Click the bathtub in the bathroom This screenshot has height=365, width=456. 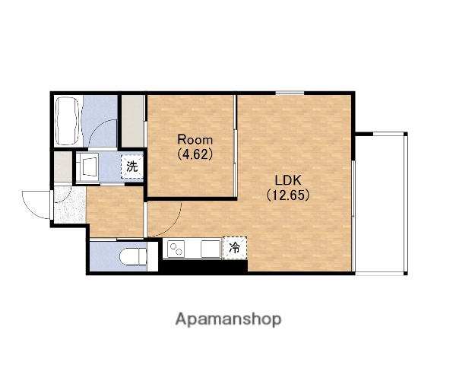coord(67,121)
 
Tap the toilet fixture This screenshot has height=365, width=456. coord(133,256)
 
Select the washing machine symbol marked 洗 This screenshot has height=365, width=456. coord(132,167)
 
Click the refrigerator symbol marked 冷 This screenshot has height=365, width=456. coord(234,248)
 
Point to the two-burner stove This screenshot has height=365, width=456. coord(176,249)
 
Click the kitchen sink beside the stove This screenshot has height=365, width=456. coord(211,249)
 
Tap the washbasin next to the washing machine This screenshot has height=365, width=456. coord(88,167)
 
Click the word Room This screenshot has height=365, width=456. coord(195,140)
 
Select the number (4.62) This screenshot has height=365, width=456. coord(195,154)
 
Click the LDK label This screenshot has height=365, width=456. coord(288,180)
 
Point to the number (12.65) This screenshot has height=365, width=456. coord(288,195)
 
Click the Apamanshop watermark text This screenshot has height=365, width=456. coord(228,319)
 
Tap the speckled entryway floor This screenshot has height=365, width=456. coord(70,205)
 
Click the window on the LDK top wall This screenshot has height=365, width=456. coord(290,93)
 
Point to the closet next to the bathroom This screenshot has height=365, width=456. coord(132,121)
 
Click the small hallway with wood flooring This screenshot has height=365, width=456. coord(116,211)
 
